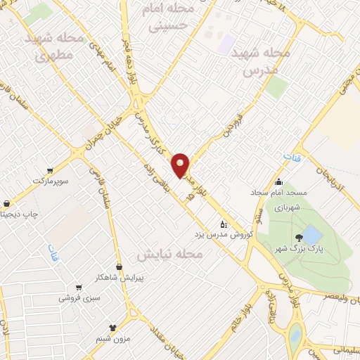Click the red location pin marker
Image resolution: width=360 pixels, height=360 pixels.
181,166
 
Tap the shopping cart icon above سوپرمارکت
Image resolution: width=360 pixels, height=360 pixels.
49,170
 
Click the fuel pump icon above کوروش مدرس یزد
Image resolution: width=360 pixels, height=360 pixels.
224,224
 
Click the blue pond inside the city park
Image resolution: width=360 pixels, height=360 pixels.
312,235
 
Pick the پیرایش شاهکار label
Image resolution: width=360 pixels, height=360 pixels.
119,277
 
